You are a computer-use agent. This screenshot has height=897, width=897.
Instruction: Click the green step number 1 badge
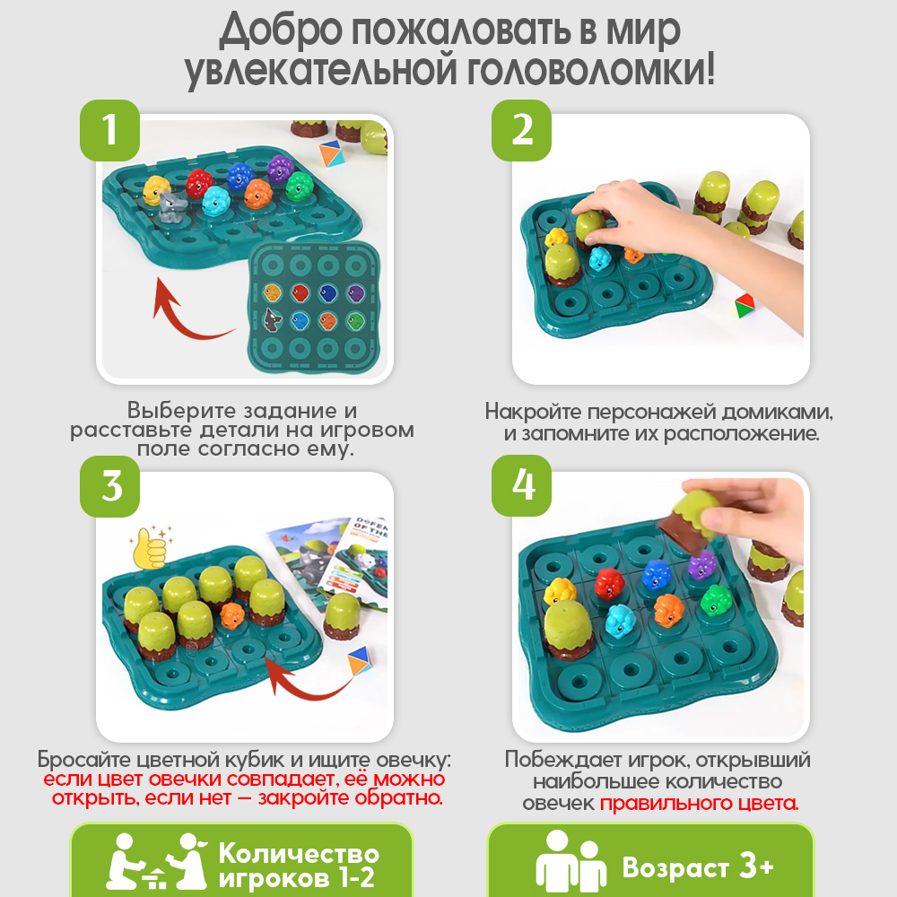(110, 130)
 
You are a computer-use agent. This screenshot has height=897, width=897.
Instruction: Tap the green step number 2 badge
(522, 130)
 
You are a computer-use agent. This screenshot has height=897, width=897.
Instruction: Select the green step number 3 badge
(110, 487)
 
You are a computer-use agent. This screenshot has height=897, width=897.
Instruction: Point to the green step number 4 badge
(522, 487)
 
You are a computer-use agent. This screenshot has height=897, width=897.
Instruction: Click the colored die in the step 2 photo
(744, 305)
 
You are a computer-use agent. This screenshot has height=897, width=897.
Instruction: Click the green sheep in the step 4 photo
(716, 600)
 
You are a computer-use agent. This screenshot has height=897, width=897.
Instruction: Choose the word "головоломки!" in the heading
(596, 72)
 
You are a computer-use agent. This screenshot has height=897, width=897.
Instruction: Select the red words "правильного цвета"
(699, 803)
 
